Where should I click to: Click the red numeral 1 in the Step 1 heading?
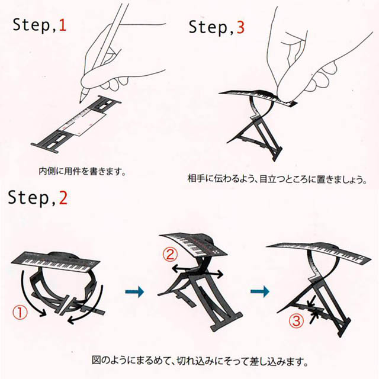click(62, 25)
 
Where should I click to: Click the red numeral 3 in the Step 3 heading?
click(240, 27)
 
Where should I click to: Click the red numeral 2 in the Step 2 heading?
click(63, 198)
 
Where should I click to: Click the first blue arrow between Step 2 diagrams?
click(134, 291)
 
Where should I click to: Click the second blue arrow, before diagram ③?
click(260, 291)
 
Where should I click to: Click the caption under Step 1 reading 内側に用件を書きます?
click(82, 171)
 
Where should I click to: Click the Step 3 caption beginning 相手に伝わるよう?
click(277, 179)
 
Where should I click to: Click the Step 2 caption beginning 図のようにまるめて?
click(200, 361)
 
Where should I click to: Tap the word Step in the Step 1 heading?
click(31, 25)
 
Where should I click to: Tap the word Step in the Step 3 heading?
click(208, 27)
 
